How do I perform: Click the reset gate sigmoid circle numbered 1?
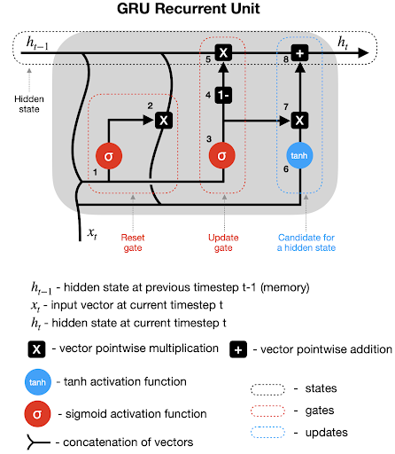pos(109,156)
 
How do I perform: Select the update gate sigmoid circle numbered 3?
pos(222,155)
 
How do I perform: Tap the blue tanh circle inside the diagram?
pos(299,155)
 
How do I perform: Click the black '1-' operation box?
pos(223,95)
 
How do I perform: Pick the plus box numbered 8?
pos(300,53)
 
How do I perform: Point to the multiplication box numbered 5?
pos(223,53)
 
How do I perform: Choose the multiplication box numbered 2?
pos(164,121)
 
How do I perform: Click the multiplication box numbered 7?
pos(300,121)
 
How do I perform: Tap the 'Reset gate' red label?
pos(133,242)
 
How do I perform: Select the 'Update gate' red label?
pos(223,242)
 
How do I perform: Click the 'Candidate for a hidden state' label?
pos(306,242)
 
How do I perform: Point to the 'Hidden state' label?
pos(29,104)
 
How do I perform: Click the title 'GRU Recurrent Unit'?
pos(189,8)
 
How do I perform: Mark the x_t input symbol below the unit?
pos(92,233)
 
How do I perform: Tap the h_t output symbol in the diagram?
pos(343,42)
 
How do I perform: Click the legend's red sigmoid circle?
pos(37,413)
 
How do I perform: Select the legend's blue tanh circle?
pos(37,382)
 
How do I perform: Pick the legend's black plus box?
pos(238,349)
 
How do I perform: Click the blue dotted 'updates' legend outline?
pos(267,432)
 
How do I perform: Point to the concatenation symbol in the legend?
pos(37,442)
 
